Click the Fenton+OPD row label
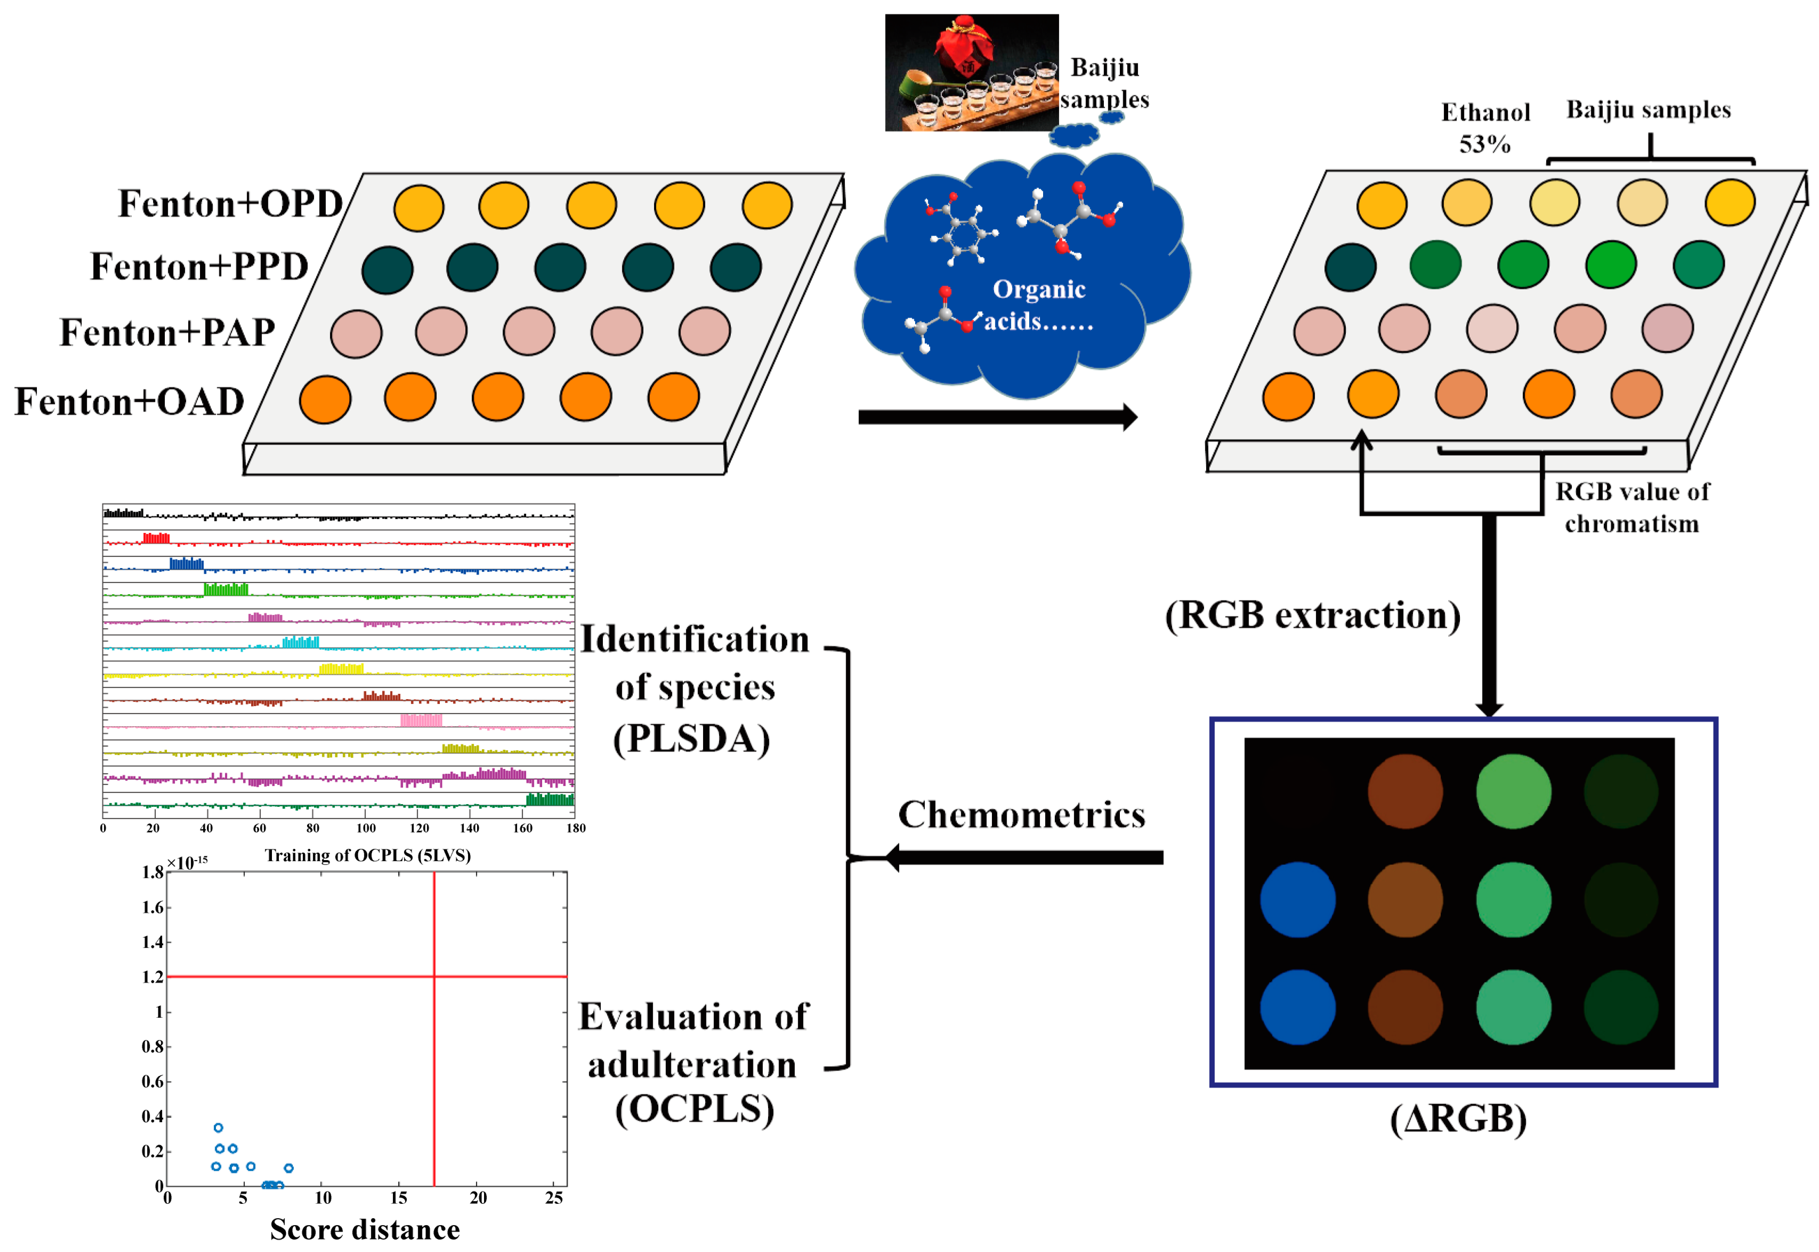click(230, 204)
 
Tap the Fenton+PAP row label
click(168, 332)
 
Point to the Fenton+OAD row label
click(129, 402)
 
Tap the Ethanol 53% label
click(1485, 128)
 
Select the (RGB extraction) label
click(1312, 616)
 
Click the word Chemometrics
click(1021, 815)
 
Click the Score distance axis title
click(365, 1229)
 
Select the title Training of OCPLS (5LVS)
click(368, 855)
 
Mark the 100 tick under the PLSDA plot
click(365, 828)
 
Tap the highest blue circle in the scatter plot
click(218, 1127)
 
